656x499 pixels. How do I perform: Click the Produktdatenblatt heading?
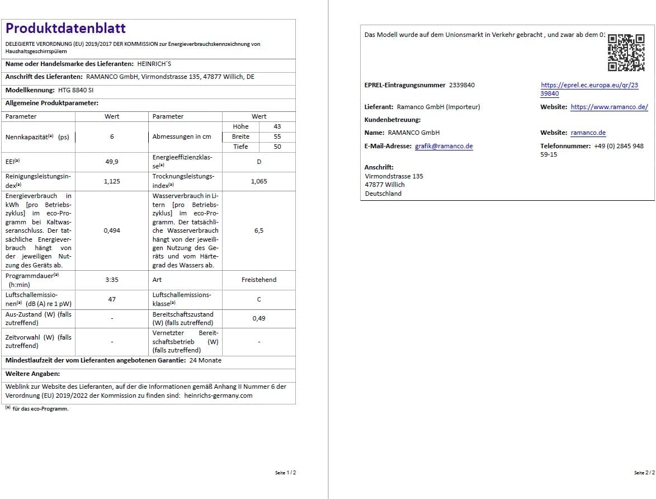coord(65,29)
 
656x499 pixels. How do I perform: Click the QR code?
coord(626,53)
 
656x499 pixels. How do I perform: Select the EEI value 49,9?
coord(112,162)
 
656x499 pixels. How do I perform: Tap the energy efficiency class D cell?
coord(259,162)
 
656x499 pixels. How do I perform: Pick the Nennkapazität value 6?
coord(112,136)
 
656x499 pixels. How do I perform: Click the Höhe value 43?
coord(277,126)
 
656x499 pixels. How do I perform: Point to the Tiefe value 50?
coord(277,147)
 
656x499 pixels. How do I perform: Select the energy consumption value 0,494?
coord(112,230)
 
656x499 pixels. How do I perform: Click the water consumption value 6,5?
coord(259,230)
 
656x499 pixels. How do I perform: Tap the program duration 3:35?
coord(112,280)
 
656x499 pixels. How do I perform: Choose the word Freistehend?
coord(259,280)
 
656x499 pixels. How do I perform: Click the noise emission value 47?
coord(112,299)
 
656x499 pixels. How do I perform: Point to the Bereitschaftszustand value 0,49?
coord(259,318)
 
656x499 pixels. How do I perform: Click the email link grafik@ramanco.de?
coord(443,146)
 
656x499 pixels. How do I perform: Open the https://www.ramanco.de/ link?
coord(609,107)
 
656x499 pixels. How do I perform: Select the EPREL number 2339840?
coord(462,85)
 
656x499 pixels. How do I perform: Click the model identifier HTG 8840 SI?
coord(76,90)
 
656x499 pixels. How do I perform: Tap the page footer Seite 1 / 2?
coord(285,473)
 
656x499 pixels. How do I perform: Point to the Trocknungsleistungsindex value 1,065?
coord(259,181)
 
